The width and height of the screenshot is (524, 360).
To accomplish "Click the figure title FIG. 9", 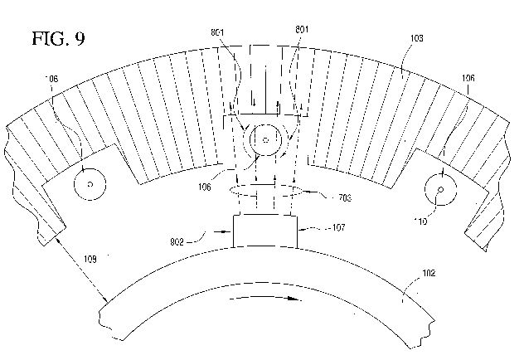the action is pyautogui.click(x=59, y=38).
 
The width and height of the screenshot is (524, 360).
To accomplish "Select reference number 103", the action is pyautogui.click(x=416, y=38).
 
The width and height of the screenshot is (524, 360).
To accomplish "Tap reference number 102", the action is pyautogui.click(x=429, y=273).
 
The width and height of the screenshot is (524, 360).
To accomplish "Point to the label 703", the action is pyautogui.click(x=345, y=198).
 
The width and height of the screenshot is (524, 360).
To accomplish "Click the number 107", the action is pyautogui.click(x=338, y=227).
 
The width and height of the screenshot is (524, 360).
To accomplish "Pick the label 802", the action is pyautogui.click(x=177, y=241).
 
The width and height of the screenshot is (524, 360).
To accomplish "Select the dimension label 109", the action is pyautogui.click(x=90, y=259).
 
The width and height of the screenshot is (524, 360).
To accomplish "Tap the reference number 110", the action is pyautogui.click(x=420, y=221).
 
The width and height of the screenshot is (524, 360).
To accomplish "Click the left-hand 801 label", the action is pyautogui.click(x=217, y=32).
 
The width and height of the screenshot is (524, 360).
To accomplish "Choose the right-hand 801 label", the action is pyautogui.click(x=302, y=29).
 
